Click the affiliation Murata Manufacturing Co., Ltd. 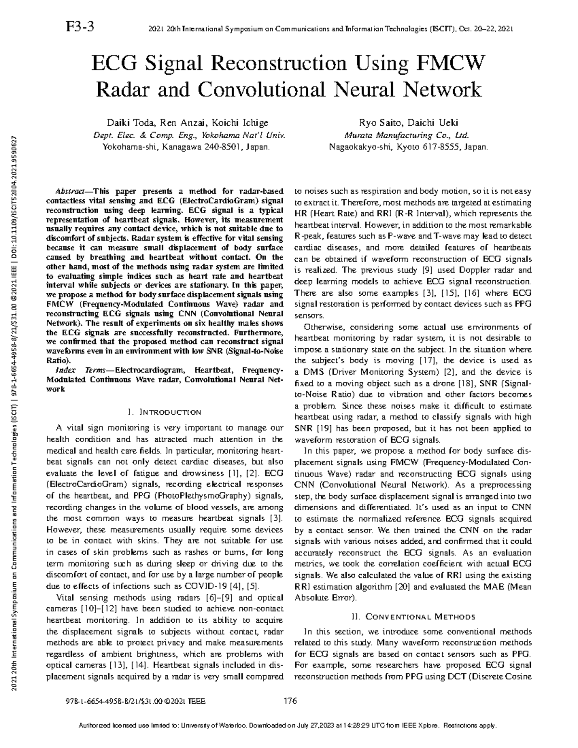[408, 135]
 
